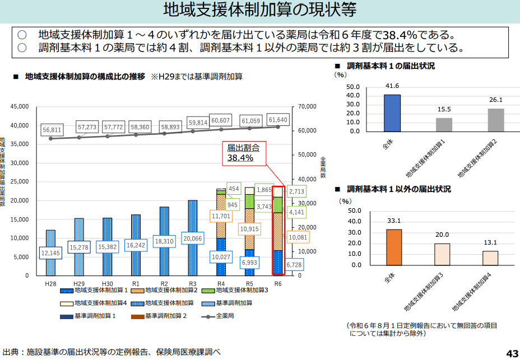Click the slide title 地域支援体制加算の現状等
(x=259, y=10)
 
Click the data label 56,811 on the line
(x=52, y=129)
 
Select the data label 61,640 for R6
(x=278, y=120)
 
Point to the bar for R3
(x=192, y=224)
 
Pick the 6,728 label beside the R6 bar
(x=296, y=264)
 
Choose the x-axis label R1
(x=136, y=284)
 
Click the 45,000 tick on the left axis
(x=19, y=106)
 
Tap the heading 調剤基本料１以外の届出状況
(x=398, y=190)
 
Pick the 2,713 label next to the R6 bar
(x=296, y=191)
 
